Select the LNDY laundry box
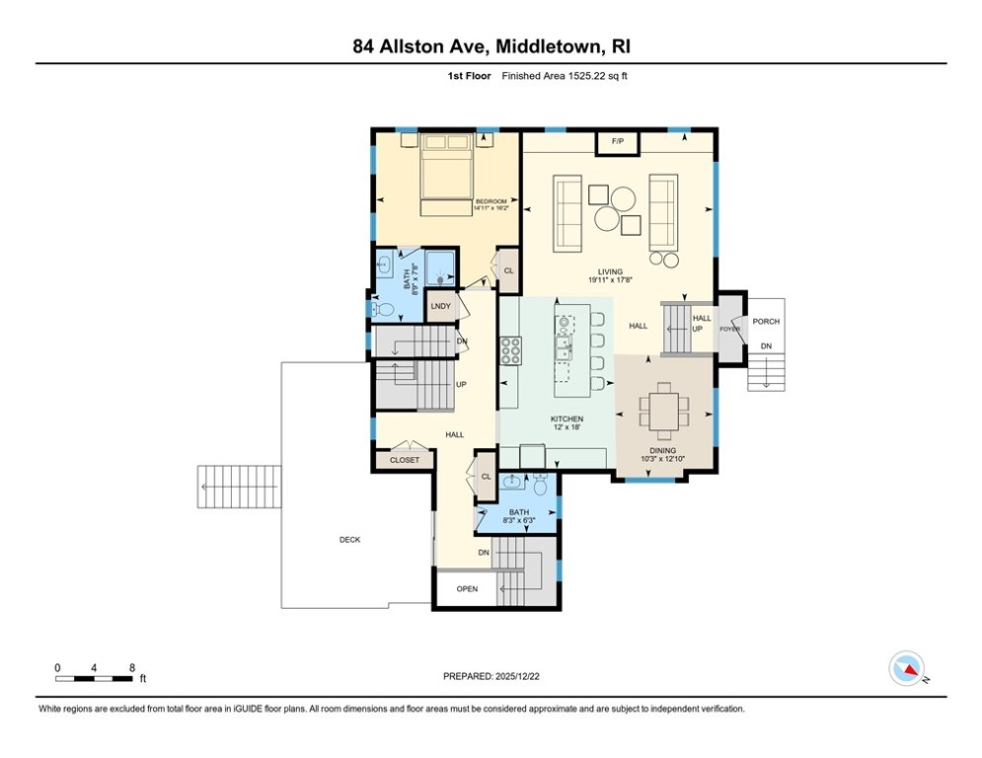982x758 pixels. [x=440, y=307]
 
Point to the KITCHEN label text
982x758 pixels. [x=567, y=419]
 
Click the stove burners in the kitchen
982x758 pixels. [x=511, y=348]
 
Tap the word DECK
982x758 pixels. [x=349, y=540]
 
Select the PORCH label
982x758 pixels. [x=765, y=322]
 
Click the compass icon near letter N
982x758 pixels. [x=905, y=668]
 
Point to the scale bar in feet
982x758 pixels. [x=95, y=678]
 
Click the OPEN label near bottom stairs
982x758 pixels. [x=467, y=589]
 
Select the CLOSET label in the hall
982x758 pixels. [x=404, y=460]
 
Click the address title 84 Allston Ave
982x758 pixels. [x=491, y=45]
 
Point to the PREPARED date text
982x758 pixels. [x=491, y=676]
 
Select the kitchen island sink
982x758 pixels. [x=563, y=347]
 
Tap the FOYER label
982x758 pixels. [x=729, y=329]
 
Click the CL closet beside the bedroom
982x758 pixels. [x=508, y=270]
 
